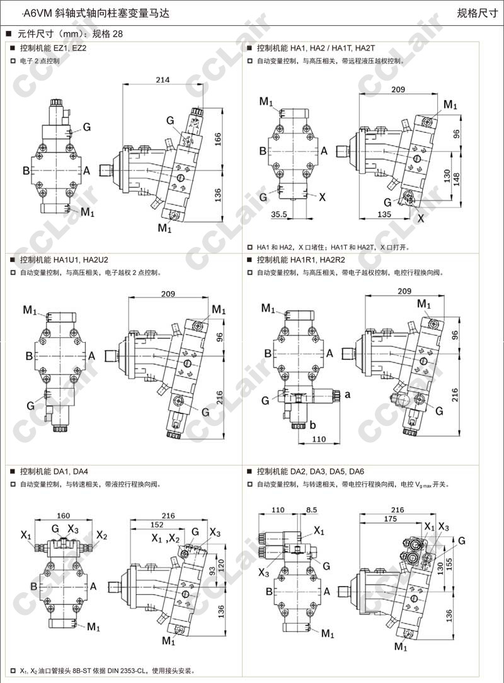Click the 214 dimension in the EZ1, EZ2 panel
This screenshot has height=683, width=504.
[x=162, y=79]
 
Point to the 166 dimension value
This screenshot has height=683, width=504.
[x=217, y=138]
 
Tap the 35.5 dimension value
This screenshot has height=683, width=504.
[x=278, y=214]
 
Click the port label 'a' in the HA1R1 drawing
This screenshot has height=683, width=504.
[x=347, y=394]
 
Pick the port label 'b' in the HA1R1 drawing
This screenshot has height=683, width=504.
[x=312, y=425]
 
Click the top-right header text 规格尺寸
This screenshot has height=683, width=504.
[x=478, y=13]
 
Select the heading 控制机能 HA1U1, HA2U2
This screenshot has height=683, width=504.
[x=64, y=260]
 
